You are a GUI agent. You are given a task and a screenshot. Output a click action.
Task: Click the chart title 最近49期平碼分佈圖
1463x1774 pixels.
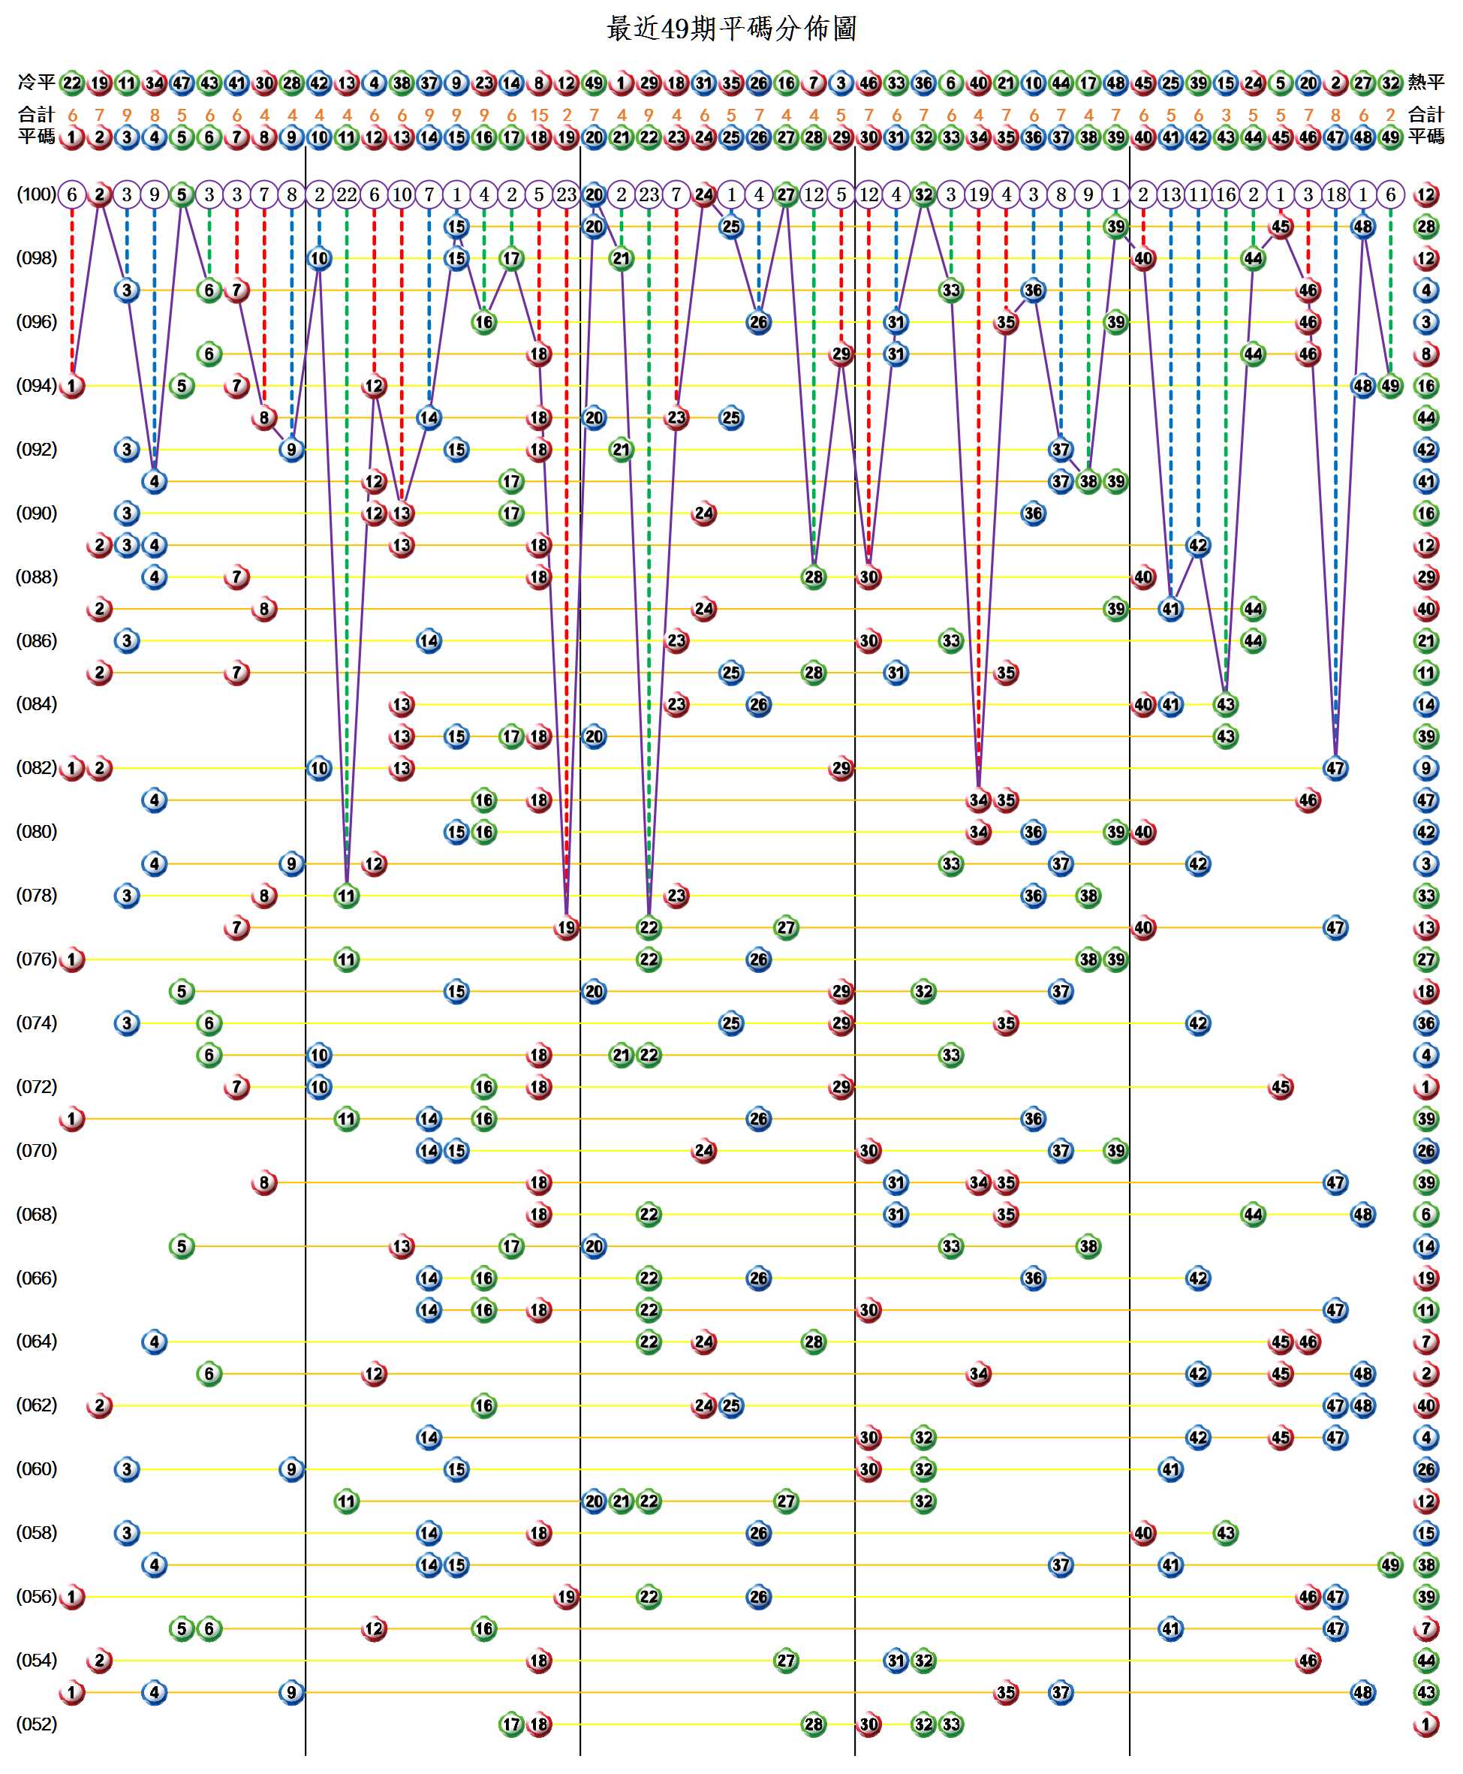point(730,29)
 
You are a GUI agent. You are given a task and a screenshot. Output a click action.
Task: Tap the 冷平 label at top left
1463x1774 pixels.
point(35,82)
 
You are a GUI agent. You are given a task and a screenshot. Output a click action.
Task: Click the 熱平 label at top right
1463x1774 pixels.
point(1426,82)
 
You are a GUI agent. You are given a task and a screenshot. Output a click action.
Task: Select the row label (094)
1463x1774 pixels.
point(36,385)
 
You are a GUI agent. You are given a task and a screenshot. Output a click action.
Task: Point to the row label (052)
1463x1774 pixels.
point(36,1724)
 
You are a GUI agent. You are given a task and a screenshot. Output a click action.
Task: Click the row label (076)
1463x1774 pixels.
point(36,958)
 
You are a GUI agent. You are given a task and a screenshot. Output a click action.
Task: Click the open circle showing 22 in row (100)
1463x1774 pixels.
point(346,194)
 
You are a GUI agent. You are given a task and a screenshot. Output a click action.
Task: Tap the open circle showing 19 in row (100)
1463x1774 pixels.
point(978,194)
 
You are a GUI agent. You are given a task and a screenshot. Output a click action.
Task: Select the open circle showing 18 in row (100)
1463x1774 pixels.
point(1335,194)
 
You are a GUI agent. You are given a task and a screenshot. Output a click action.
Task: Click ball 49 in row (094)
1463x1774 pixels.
point(1390,386)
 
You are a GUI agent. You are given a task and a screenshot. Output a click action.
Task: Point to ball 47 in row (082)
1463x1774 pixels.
point(1335,768)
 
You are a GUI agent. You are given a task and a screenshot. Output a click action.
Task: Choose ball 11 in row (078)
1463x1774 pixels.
point(346,895)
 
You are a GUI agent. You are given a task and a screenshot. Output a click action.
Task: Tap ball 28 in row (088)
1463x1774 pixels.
point(813,577)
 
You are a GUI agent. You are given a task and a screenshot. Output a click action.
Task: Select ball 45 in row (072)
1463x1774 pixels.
point(1281,1086)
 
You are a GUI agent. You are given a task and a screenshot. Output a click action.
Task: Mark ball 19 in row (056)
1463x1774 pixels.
point(566,1596)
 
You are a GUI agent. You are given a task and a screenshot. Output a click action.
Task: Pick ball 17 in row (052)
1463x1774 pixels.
point(511,1724)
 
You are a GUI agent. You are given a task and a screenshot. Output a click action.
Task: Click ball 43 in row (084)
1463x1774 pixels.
point(1225,704)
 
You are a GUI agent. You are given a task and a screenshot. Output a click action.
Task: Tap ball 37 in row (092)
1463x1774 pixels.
point(1061,449)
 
